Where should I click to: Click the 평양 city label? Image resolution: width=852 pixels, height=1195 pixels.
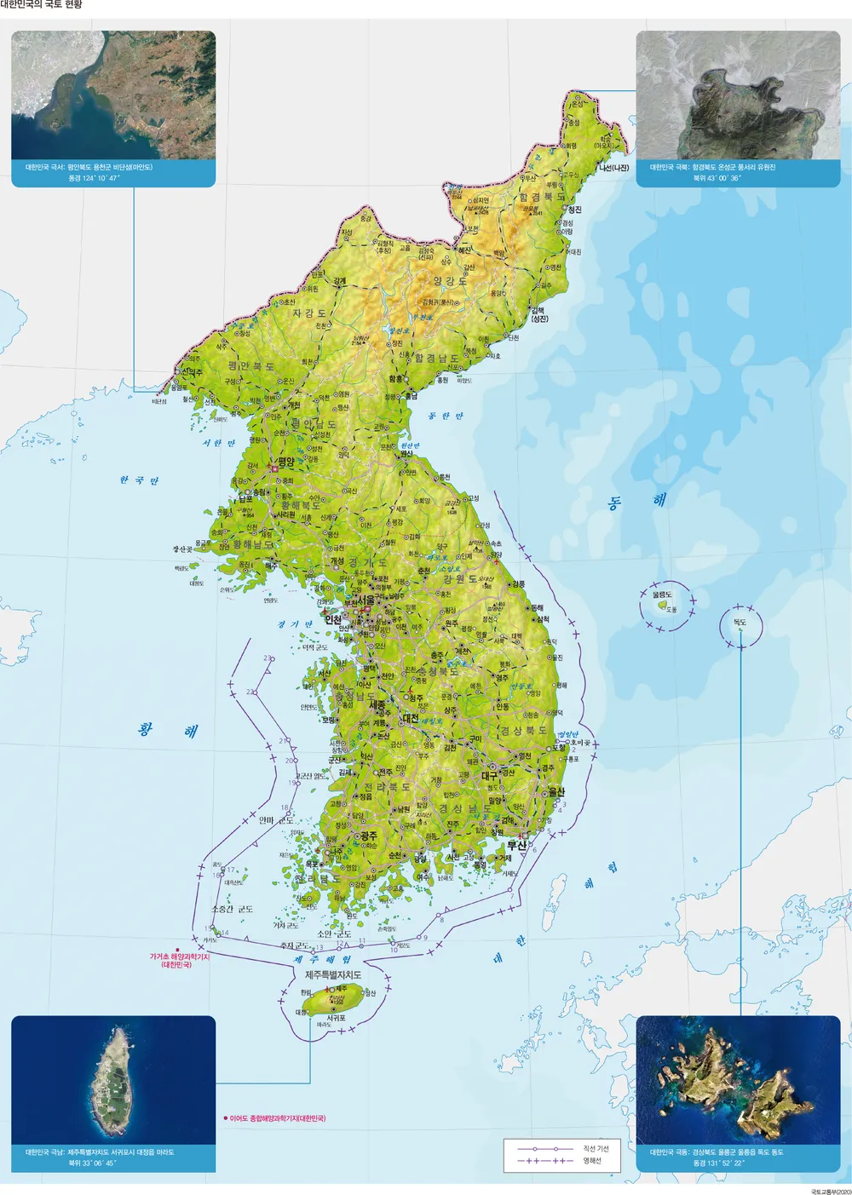point(285,463)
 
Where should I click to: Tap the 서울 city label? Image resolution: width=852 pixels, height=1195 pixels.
point(366,600)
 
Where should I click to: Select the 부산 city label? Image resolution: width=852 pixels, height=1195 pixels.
point(517,846)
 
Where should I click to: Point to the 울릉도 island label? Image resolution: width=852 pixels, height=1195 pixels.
point(662,595)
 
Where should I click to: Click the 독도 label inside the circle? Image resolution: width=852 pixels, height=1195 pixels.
point(740,623)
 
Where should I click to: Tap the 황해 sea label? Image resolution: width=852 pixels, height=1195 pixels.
point(168,730)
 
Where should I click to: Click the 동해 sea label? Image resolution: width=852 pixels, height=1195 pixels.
point(636,501)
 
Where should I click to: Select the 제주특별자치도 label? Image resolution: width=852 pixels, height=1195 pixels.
point(333,974)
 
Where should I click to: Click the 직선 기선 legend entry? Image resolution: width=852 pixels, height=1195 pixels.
point(596,1149)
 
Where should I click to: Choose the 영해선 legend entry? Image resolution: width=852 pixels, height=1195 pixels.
point(592,1161)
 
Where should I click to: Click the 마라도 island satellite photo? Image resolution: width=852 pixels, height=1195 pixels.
point(113,1081)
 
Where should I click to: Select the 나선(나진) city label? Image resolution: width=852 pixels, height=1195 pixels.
point(613,168)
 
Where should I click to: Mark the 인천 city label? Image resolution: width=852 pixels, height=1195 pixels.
point(332,620)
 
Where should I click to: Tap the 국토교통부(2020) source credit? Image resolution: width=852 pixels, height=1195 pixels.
point(831,1191)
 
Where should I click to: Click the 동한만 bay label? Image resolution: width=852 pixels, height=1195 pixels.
point(446,416)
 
